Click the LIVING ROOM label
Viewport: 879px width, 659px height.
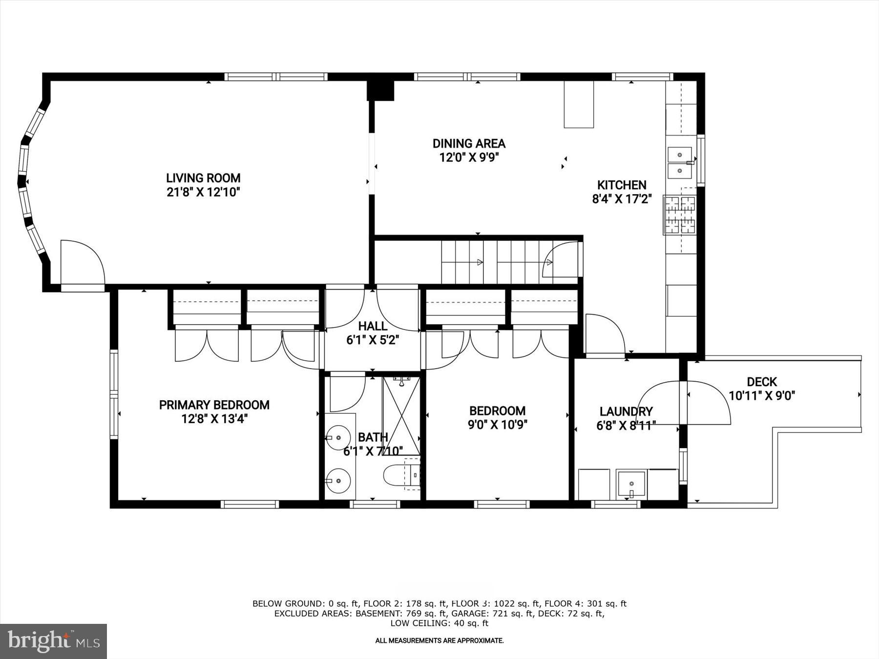pos(203,178)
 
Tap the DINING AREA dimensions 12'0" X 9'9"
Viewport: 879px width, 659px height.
pos(469,158)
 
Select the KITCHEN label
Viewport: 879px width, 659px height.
pos(622,185)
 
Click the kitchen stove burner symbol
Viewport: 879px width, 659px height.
pos(680,215)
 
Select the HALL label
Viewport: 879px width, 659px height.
pos(373,326)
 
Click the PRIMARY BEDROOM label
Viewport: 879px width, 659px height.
pos(214,405)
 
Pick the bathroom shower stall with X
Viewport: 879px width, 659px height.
pos(401,415)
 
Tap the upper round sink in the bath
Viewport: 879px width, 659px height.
pos(338,437)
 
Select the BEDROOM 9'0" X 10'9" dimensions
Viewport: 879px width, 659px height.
pos(497,425)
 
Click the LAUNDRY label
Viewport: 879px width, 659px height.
pos(626,412)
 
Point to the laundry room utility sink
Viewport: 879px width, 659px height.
pos(631,484)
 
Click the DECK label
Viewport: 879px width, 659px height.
pos(762,382)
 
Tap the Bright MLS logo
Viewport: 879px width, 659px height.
pos(53,641)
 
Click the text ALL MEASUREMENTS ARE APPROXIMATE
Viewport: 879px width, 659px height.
pos(439,640)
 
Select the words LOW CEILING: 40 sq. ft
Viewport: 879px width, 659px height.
pos(439,623)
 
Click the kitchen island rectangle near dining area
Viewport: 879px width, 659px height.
pos(579,104)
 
